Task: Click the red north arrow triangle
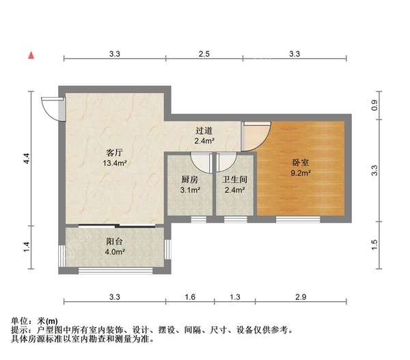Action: [x=31, y=54]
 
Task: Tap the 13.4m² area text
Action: [x=114, y=163]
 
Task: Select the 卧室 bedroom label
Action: [x=301, y=163]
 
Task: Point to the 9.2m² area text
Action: [x=301, y=174]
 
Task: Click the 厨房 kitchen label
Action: [x=190, y=180]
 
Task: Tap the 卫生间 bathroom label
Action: [x=234, y=180]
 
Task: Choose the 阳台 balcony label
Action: [x=114, y=242]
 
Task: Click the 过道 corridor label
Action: [x=204, y=131]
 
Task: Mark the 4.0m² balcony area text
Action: [x=114, y=252]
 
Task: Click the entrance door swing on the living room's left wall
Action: [x=50, y=107]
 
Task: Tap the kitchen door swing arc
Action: [x=200, y=162]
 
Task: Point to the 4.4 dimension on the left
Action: [x=27, y=158]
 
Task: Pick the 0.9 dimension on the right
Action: [x=374, y=106]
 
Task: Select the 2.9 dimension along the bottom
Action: [x=301, y=296]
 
